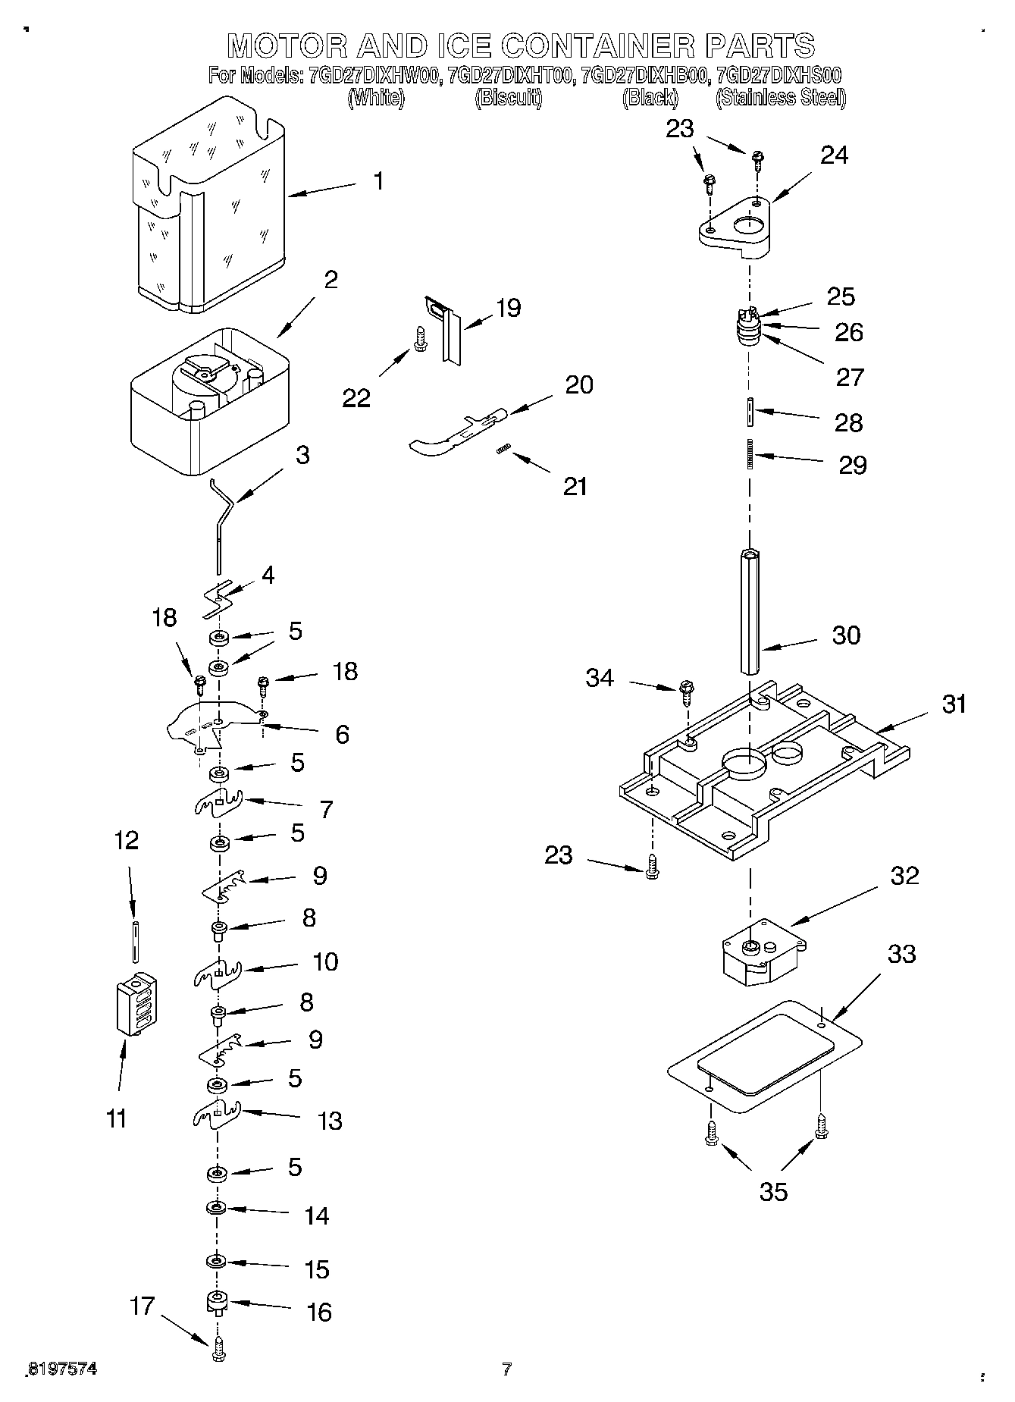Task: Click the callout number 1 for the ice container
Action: [x=377, y=181]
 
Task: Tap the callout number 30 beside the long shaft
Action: [x=846, y=635]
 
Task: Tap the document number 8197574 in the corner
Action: [x=61, y=1369]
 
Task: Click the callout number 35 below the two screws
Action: [x=773, y=1192]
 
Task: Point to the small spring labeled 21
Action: [x=501, y=450]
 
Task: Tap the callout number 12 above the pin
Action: [x=126, y=840]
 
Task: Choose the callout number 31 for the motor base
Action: [x=954, y=704]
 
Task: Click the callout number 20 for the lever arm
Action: [x=579, y=384]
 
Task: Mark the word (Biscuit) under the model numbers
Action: [x=508, y=98]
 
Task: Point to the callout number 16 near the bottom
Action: [x=319, y=1312]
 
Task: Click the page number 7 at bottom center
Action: [x=506, y=1369]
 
